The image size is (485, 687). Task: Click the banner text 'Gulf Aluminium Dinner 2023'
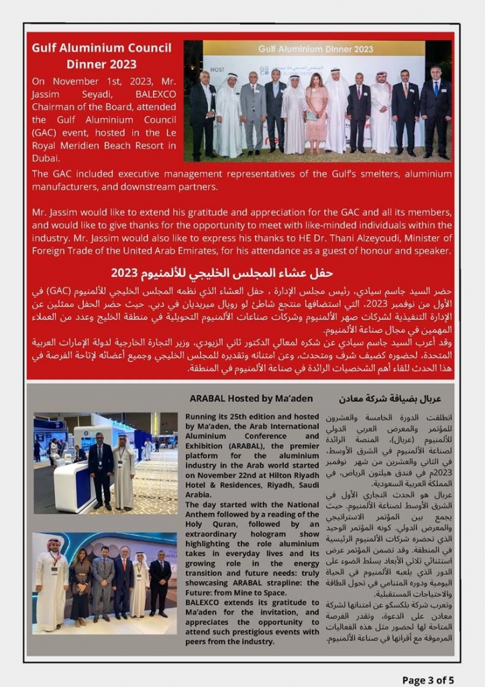315,49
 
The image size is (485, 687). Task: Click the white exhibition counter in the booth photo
71,482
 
